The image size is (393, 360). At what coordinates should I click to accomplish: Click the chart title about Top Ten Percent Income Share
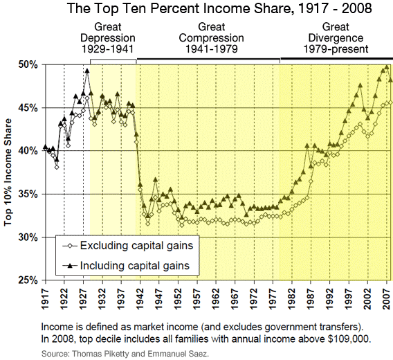pyautogui.click(x=196, y=10)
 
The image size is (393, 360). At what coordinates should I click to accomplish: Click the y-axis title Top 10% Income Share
pyautogui.click(x=10, y=172)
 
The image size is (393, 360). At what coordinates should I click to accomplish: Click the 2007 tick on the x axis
pyautogui.click(x=387, y=297)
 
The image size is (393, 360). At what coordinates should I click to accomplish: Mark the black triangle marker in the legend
pyautogui.click(x=70, y=264)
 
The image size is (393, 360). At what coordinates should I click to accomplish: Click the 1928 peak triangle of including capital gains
pyautogui.click(x=87, y=70)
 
